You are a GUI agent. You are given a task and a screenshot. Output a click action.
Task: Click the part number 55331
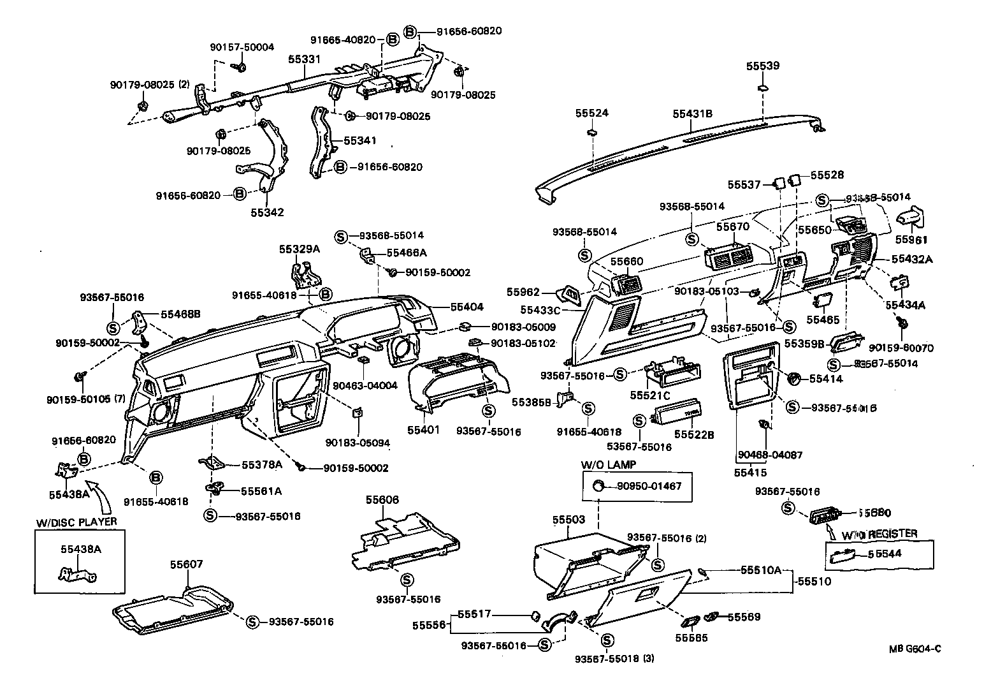(303, 58)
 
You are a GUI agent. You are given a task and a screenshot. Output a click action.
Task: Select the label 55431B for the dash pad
(692, 114)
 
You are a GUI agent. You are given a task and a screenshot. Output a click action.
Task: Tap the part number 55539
(763, 66)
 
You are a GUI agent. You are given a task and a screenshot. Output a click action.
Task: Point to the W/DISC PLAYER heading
(76, 522)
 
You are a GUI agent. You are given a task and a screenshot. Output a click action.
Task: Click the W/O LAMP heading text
(607, 464)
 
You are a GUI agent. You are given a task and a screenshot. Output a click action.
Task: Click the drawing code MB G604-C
(915, 649)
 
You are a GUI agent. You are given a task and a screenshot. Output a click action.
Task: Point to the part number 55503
(568, 520)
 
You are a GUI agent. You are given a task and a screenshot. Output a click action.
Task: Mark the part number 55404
(467, 307)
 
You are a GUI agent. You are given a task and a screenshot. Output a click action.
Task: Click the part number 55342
(267, 212)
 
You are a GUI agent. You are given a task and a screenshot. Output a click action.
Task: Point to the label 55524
(592, 113)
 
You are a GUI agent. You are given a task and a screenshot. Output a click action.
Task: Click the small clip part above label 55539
(763, 87)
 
